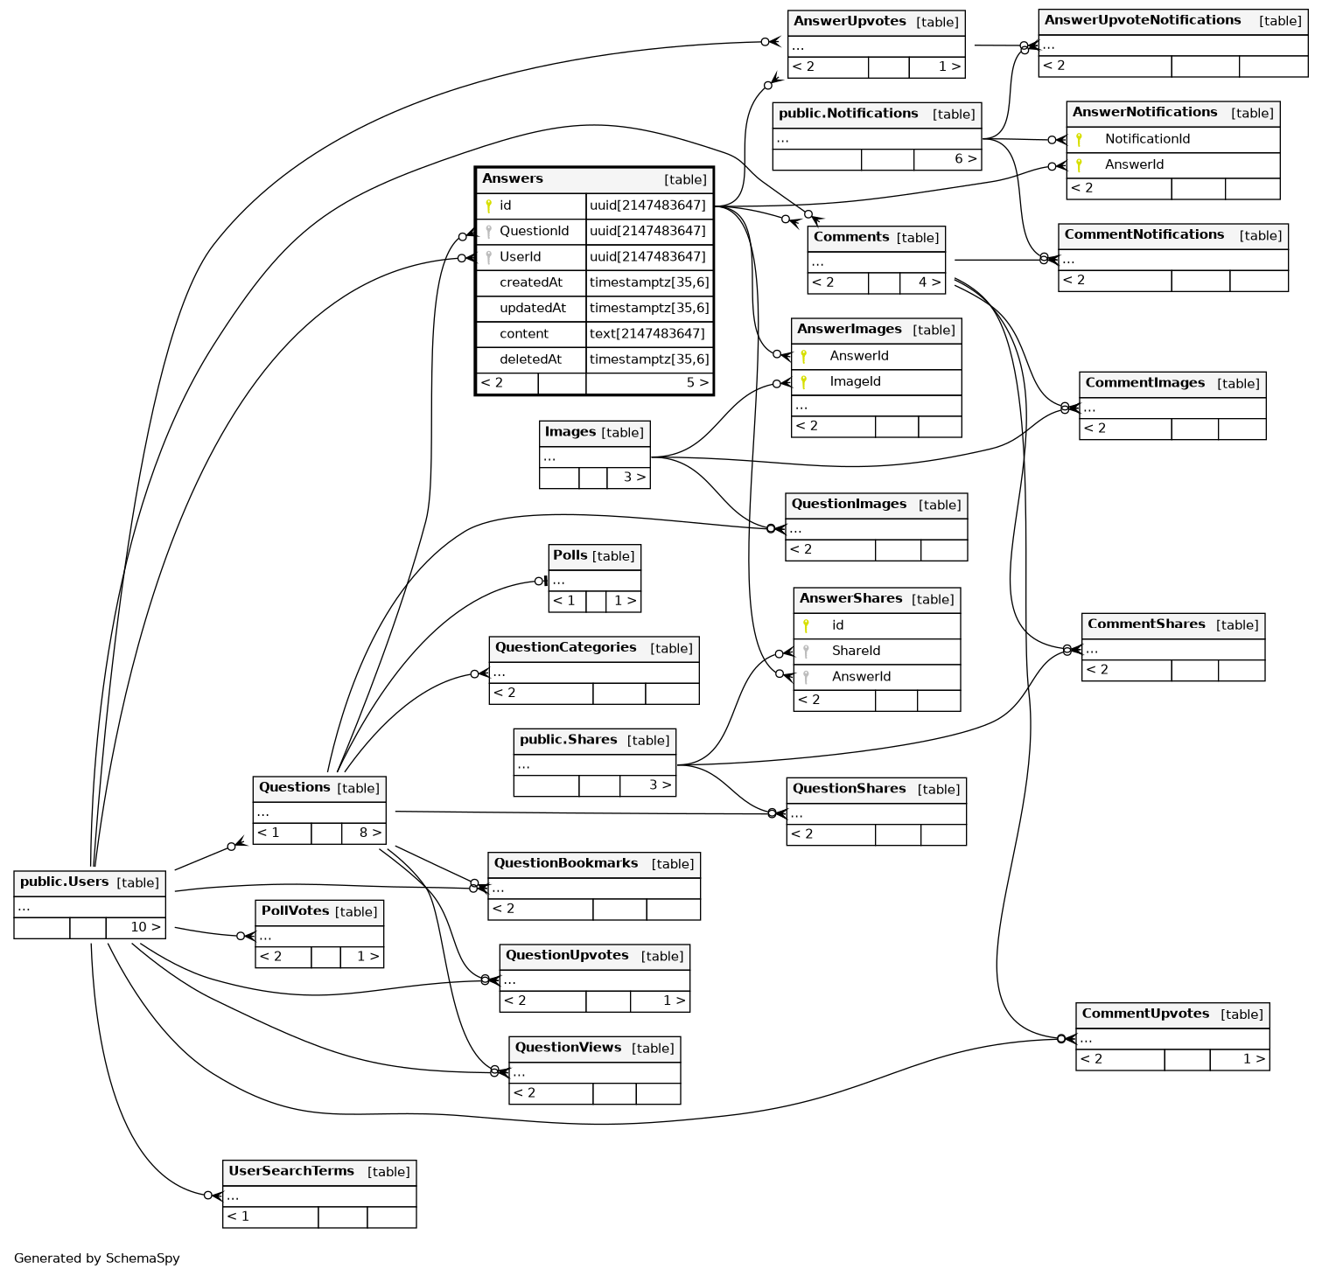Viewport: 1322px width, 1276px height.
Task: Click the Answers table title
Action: click(513, 179)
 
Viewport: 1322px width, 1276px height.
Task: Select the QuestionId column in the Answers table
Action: click(534, 231)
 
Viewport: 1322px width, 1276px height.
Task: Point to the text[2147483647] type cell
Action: click(647, 334)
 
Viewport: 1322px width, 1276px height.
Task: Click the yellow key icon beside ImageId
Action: click(803, 382)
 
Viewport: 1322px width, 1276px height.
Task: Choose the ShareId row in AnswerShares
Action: click(856, 651)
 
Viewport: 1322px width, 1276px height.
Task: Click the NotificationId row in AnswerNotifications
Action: click(1147, 139)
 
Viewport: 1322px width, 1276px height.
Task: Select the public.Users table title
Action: click(65, 882)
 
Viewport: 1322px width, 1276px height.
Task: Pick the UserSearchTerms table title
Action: click(291, 1171)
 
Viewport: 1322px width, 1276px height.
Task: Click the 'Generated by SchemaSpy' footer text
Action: click(97, 1259)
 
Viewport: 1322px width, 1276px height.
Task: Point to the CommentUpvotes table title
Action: click(1145, 1014)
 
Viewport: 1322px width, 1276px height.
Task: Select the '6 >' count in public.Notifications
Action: click(965, 159)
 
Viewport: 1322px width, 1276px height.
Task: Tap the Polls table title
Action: click(570, 555)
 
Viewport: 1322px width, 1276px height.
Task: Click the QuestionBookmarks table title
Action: click(566, 863)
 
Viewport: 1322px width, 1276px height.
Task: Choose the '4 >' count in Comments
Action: click(929, 282)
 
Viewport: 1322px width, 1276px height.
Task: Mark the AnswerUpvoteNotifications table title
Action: click(1143, 20)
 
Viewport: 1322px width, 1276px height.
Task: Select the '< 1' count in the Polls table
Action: click(564, 601)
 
